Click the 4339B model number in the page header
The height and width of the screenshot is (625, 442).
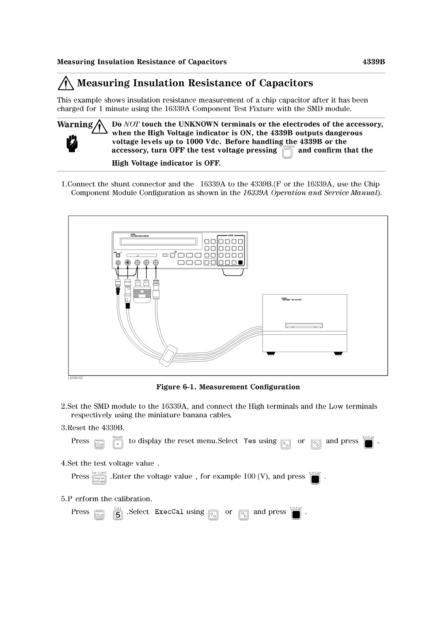click(x=373, y=62)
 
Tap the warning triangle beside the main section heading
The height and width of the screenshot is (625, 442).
click(x=66, y=83)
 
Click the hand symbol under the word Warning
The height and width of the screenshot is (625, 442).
click(x=72, y=144)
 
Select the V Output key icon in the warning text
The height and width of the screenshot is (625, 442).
click(x=287, y=153)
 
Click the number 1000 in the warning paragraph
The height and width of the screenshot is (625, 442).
click(x=194, y=142)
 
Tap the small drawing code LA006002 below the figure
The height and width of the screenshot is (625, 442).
click(x=76, y=378)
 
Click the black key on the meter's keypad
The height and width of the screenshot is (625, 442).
click(x=240, y=262)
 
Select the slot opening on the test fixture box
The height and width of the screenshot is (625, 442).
click(x=304, y=326)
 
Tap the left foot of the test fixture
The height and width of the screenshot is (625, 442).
click(x=271, y=353)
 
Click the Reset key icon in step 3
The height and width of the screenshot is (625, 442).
click(x=118, y=444)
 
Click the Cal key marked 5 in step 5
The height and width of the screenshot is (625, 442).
click(x=118, y=515)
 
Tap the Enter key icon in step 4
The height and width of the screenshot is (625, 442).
click(x=315, y=479)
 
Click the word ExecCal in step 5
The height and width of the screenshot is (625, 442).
click(x=169, y=512)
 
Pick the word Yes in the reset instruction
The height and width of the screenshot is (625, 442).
click(x=250, y=441)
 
